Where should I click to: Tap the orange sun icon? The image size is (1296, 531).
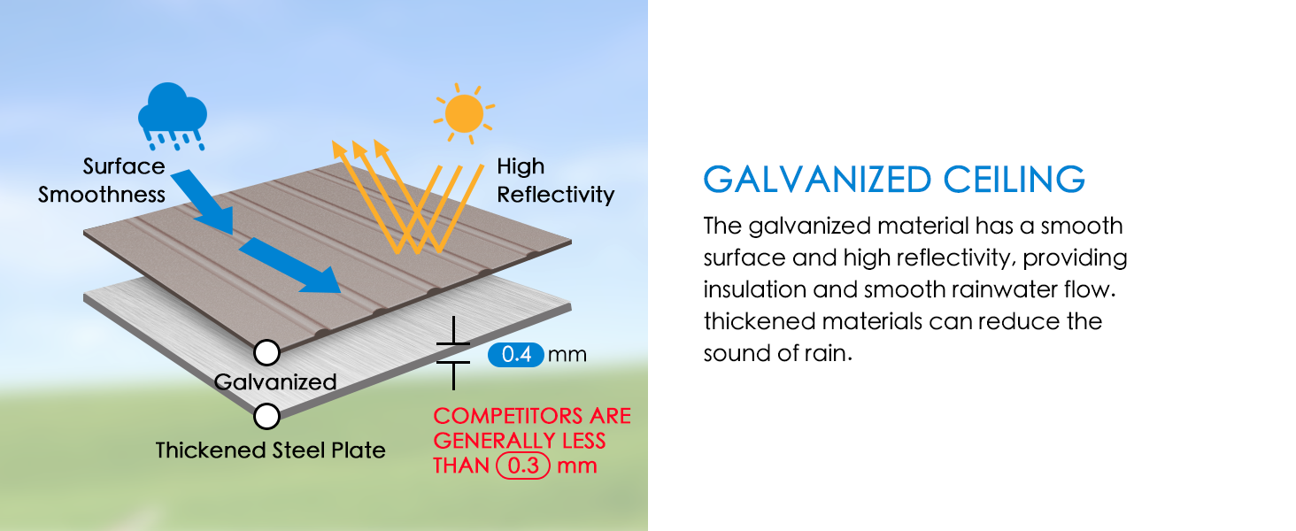pos(464,113)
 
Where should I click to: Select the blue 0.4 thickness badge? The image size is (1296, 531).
pos(515,356)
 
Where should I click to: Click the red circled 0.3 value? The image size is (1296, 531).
pos(524,466)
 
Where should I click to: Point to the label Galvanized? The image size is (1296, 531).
pos(275,382)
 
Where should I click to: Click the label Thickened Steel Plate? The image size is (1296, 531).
pos(270,450)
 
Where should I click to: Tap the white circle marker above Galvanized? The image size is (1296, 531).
pos(266,353)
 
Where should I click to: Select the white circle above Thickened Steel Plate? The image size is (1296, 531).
pos(266,415)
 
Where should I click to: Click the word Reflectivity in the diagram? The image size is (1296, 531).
pos(555,195)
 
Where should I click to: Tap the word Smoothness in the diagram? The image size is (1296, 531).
pos(102,195)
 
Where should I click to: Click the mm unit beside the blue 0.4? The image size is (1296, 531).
pos(567,356)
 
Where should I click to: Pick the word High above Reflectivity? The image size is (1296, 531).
pos(521,166)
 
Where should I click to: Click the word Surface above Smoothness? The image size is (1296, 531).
pos(124,166)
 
